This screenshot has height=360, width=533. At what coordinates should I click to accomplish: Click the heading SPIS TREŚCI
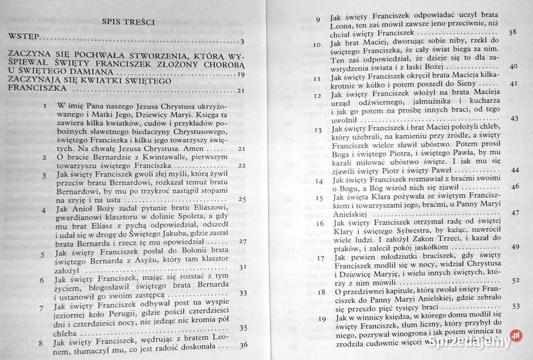[x=128, y=22]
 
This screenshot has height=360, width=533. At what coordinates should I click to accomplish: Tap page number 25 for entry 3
[x=242, y=198]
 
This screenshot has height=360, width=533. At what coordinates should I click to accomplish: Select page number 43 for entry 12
[x=514, y=118]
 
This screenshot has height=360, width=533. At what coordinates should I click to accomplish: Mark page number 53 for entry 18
[x=514, y=306]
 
